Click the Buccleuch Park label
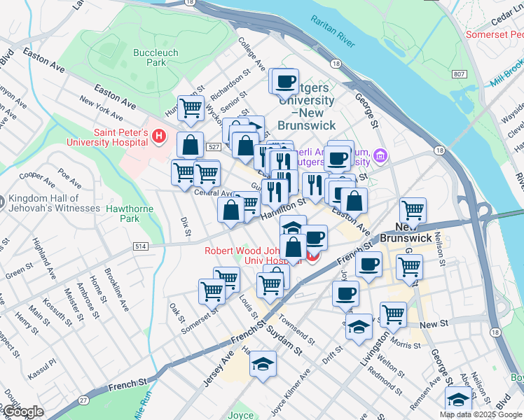point(156,57)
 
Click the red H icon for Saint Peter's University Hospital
point(160,136)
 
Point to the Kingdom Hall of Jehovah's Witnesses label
point(53,204)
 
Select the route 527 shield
point(214,148)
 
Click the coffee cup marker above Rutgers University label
point(285,82)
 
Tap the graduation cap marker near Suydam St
point(263,364)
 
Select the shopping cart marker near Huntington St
point(191,108)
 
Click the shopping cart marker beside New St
point(394,314)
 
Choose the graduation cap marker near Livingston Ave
point(359,328)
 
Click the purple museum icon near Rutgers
point(379,154)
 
